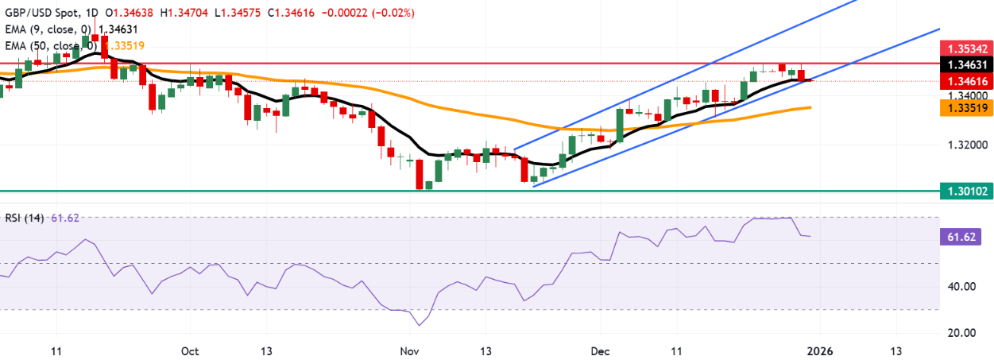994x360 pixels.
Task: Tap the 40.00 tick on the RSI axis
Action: tap(964, 287)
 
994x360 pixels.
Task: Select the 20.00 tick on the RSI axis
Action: tap(964, 332)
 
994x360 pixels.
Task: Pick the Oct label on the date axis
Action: tap(190, 350)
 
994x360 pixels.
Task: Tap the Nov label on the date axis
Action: tap(408, 350)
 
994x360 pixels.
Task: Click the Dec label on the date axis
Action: tap(601, 350)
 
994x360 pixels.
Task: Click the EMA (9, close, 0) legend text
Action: tap(48, 29)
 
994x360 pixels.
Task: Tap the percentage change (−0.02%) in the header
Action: tap(394, 13)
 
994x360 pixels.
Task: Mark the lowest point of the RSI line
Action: tap(419, 325)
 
